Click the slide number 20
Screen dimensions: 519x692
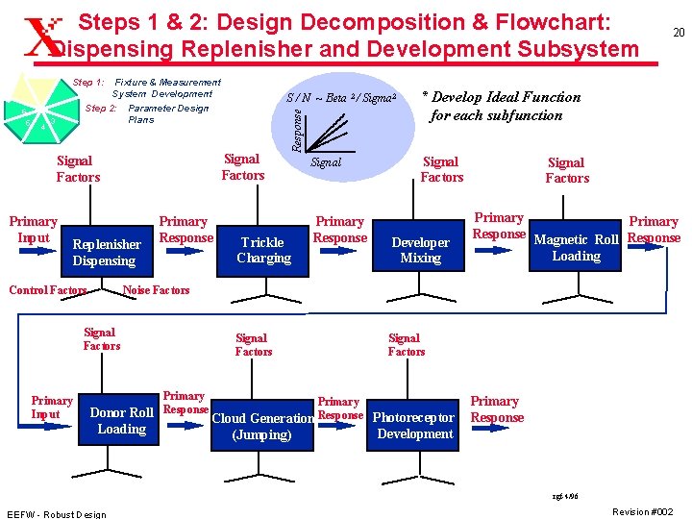(x=678, y=33)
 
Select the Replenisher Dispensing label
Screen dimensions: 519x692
(x=106, y=253)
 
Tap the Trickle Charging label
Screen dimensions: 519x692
(x=263, y=250)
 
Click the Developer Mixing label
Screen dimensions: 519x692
(x=421, y=250)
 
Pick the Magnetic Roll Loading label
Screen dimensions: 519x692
(x=577, y=248)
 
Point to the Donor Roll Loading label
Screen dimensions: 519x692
(x=121, y=421)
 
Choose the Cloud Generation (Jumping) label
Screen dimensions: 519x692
(x=262, y=427)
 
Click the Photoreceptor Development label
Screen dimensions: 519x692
(x=414, y=426)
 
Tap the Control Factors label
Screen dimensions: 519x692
(x=47, y=289)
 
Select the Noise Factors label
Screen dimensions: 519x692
(x=158, y=289)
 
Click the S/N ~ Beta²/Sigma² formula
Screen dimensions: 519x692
(x=341, y=97)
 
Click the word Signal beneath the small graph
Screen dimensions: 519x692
(x=326, y=162)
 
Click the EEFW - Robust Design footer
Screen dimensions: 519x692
(x=56, y=513)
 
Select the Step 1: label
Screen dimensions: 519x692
(x=89, y=83)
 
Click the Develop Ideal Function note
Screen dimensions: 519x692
(x=501, y=106)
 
